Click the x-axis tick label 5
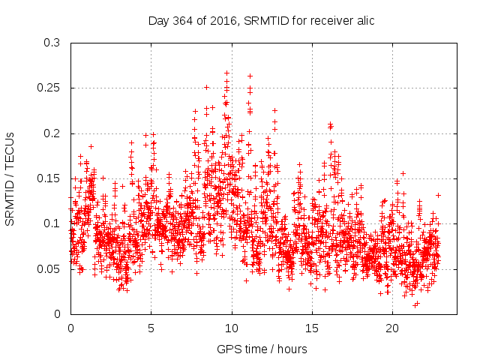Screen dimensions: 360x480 pyautogui.click(x=151, y=328)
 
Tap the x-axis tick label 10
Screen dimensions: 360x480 pyautogui.click(x=232, y=328)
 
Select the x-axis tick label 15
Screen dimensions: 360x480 pyautogui.click(x=312, y=328)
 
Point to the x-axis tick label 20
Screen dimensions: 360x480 pyautogui.click(x=392, y=328)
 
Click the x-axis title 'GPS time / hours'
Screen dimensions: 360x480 pyautogui.click(x=262, y=349)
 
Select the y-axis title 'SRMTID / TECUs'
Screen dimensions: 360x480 pyautogui.click(x=10, y=178)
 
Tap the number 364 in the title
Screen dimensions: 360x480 pyautogui.click(x=178, y=20)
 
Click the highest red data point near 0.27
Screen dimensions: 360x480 pyautogui.click(x=226, y=73)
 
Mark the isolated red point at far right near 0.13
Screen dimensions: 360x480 pyautogui.click(x=438, y=195)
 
